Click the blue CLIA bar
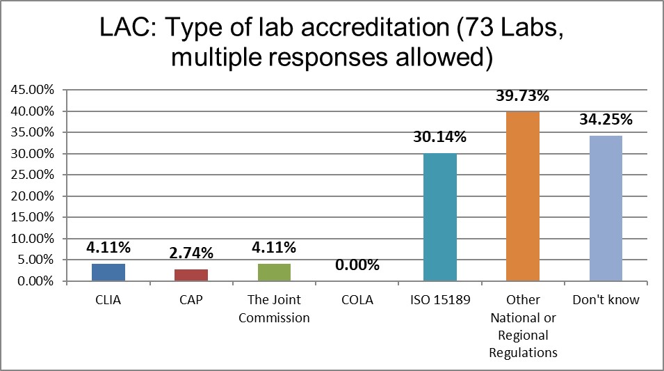[x=108, y=272]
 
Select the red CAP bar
[x=191, y=275]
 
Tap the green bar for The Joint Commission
[x=274, y=272]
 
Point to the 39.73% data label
[x=523, y=96]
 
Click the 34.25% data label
[x=606, y=120]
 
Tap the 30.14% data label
[x=440, y=137]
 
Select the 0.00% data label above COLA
[x=357, y=265]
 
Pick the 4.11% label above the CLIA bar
[x=108, y=247]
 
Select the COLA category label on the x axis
[x=357, y=300]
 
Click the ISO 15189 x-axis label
[x=440, y=300]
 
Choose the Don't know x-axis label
[x=606, y=300]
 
